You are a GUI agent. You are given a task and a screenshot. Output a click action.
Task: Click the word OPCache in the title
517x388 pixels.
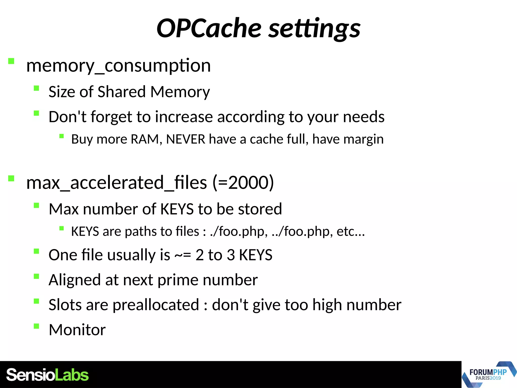coord(209,28)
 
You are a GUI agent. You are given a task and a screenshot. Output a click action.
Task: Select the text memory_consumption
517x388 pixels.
coord(118,66)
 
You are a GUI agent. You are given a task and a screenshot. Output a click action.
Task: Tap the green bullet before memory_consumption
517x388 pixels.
coord(11,61)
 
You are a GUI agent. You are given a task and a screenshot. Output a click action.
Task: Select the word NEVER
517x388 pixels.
coord(186,139)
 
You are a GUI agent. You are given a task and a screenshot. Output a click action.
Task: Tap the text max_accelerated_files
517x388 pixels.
coord(116,183)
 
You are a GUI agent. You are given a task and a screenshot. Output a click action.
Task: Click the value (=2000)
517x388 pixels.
coord(243,183)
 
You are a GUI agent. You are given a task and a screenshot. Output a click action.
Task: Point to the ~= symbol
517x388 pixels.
coord(183,255)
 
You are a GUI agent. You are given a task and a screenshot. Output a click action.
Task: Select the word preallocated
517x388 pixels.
coord(156,305)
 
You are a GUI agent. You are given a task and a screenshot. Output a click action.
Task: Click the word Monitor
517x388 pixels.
coord(77,330)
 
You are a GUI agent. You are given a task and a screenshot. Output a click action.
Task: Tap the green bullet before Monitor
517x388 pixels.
coord(36,326)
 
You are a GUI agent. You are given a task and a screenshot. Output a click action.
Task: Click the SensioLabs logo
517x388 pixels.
coord(47,375)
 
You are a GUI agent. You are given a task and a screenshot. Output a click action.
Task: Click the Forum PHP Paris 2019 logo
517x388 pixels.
coord(489,374)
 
